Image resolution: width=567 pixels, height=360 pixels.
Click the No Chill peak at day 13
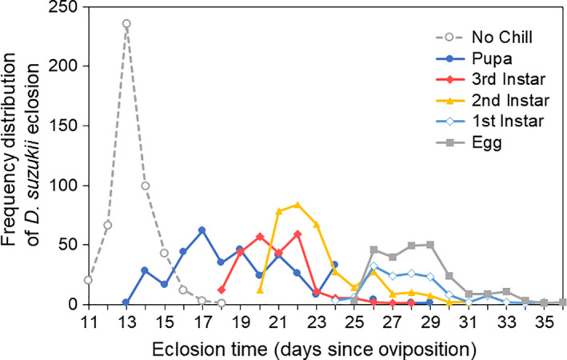(126, 24)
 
